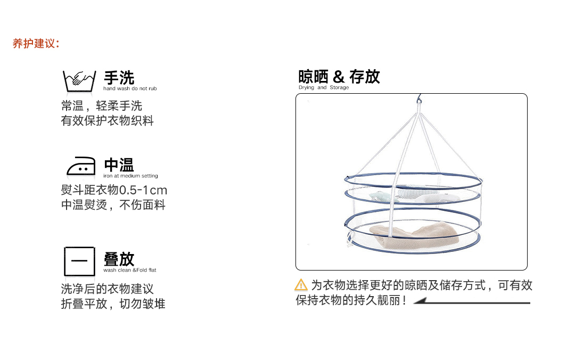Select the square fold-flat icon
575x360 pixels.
(x=79, y=261)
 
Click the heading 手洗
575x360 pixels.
(x=119, y=78)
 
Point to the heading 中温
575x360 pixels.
(x=119, y=165)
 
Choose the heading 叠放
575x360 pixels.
(x=119, y=259)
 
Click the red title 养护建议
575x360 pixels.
(x=36, y=44)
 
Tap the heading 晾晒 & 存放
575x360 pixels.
(x=339, y=77)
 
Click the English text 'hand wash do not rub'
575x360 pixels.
(x=130, y=88)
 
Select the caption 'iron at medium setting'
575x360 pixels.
(x=130, y=176)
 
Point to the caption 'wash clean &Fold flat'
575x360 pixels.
(x=130, y=270)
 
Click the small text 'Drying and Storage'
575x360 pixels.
(x=324, y=87)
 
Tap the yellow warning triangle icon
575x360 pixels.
(x=301, y=285)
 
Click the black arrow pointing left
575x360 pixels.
(x=472, y=301)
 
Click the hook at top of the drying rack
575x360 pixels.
(x=420, y=100)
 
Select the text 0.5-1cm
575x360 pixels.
(x=143, y=190)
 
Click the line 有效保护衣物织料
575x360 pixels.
(x=108, y=121)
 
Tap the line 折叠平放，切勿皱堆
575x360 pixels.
(x=113, y=304)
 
